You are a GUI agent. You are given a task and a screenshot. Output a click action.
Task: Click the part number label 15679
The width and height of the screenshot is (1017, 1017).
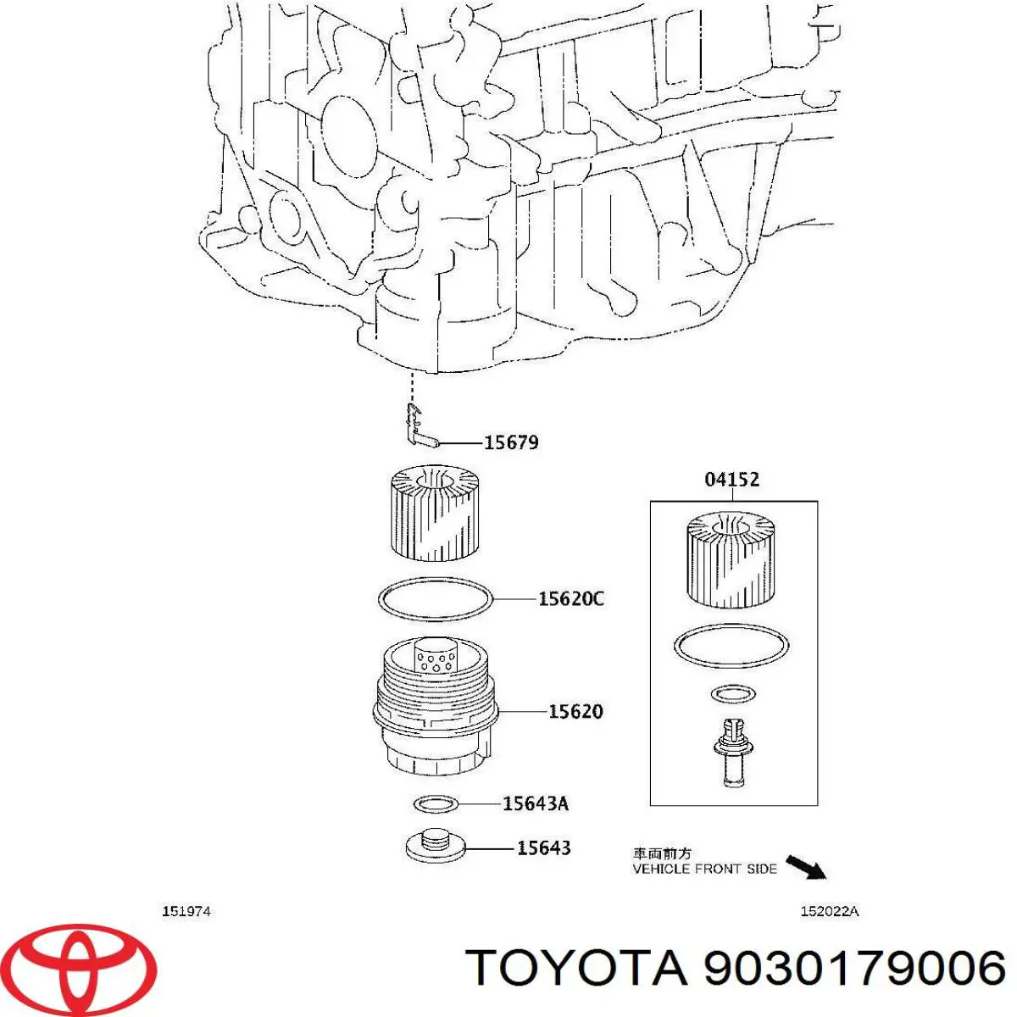510,442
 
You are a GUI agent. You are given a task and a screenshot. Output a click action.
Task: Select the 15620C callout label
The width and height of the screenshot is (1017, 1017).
570,599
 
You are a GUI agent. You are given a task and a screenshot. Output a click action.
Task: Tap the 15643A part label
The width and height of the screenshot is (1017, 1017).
535,803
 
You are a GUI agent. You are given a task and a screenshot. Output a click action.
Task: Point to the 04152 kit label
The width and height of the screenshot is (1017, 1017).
731,480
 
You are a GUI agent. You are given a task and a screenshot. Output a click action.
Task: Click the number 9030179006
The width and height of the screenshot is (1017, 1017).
854,968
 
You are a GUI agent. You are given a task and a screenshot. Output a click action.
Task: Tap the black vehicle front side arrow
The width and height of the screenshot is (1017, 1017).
805,867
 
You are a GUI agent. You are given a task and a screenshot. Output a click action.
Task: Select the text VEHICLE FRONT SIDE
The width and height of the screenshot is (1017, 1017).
704,869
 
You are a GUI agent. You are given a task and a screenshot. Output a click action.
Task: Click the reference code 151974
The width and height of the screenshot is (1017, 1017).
186,912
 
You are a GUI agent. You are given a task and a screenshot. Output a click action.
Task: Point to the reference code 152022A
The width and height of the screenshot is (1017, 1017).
830,912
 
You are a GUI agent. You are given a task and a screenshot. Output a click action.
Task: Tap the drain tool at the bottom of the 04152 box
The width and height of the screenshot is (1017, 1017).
731,749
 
